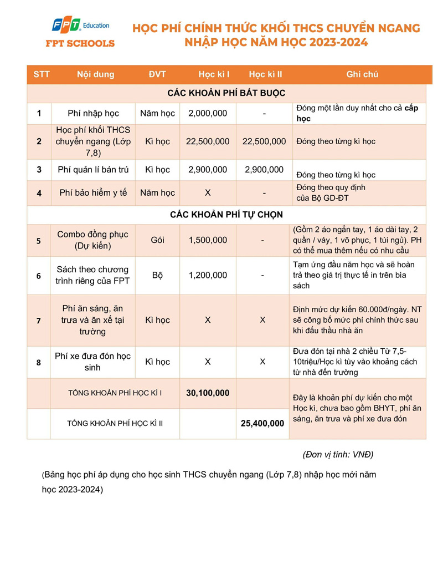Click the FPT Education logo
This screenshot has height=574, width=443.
84,32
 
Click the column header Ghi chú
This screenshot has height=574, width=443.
362,74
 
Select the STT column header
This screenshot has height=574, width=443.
42,74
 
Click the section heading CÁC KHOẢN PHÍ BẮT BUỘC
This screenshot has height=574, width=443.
226,93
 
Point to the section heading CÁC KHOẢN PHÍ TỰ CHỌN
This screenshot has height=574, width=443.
226,214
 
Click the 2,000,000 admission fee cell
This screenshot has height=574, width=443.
208,113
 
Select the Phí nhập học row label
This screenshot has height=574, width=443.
93,113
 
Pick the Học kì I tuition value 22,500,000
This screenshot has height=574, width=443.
208,141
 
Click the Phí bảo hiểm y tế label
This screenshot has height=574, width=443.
93,193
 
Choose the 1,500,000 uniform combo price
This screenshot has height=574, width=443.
208,240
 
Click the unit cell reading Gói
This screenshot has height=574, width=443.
157,240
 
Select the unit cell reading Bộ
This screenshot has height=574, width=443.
157,275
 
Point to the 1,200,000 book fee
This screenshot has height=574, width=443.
208,275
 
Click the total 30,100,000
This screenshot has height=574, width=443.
208,393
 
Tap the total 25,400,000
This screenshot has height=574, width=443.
263,423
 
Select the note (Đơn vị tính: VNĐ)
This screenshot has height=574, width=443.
338,454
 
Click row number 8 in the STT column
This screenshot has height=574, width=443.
39,362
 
